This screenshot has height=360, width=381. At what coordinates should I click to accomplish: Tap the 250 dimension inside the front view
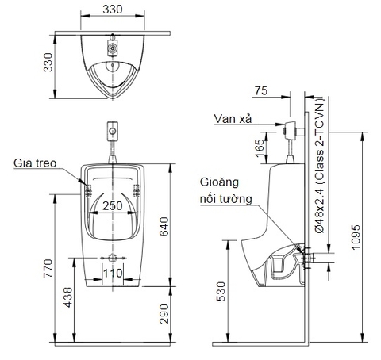click(114, 205)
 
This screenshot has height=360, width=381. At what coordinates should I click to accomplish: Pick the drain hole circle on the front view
click(114, 259)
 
